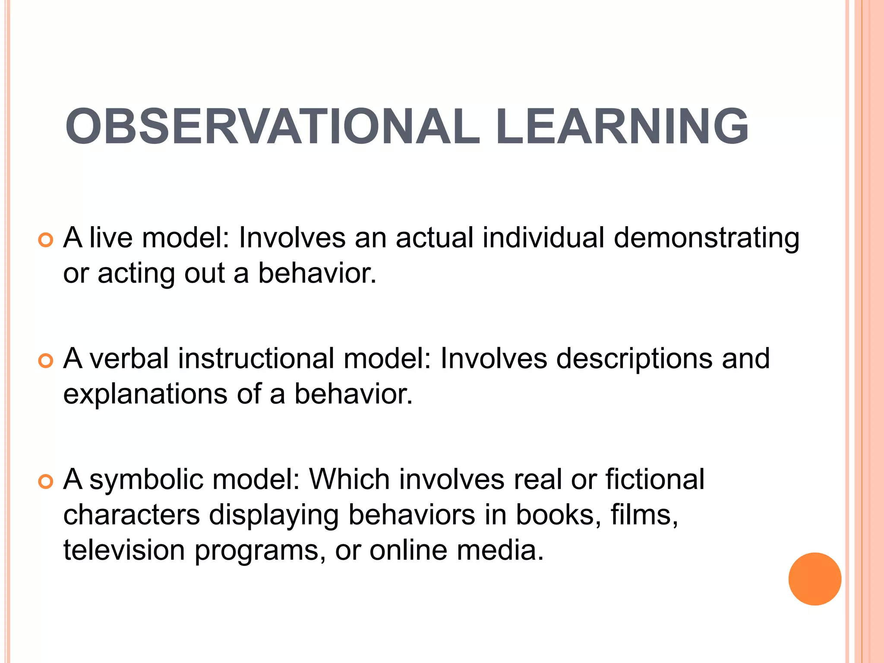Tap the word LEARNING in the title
tap(622, 126)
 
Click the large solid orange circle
tap(815, 579)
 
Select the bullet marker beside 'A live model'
tap(45, 240)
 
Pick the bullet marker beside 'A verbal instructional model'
tap(45, 360)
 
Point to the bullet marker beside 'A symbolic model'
tap(45, 481)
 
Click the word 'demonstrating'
tap(707, 238)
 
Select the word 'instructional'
tap(256, 358)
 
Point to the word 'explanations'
tap(145, 395)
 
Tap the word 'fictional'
tap(655, 479)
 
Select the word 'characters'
tap(132, 515)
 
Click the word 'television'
tap(124, 550)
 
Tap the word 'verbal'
tap(129, 358)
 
